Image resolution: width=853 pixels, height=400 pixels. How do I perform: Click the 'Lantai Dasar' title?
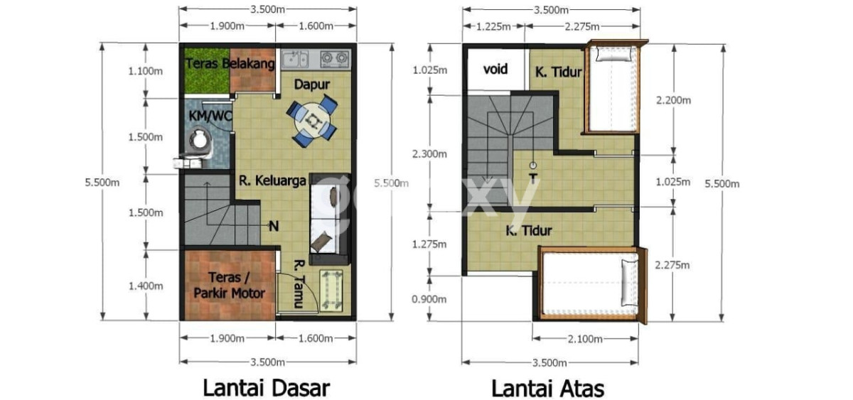click(x=266, y=388)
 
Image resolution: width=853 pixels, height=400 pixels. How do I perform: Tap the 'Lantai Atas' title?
click(x=547, y=389)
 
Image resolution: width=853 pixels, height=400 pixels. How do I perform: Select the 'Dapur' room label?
click(x=312, y=84)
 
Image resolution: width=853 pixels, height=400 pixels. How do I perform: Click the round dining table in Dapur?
click(x=312, y=121)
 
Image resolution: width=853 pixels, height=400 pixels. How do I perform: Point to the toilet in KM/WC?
click(x=198, y=144)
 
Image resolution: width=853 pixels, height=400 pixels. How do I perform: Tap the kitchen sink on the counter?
click(x=295, y=59)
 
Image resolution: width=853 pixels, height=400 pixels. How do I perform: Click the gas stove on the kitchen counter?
click(x=335, y=58)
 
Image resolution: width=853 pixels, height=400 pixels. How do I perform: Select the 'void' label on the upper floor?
click(x=495, y=69)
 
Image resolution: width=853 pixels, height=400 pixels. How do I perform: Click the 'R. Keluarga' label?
click(x=273, y=180)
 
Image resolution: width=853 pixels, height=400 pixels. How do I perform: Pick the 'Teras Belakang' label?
click(x=230, y=63)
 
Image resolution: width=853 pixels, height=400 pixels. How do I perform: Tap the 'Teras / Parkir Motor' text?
click(x=229, y=285)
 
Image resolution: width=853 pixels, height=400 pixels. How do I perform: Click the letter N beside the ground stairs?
click(x=274, y=227)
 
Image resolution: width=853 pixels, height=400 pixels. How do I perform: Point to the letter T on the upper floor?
click(x=533, y=178)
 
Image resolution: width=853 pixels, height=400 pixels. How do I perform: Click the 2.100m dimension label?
click(x=585, y=338)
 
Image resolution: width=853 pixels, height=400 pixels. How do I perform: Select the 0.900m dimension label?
click(x=429, y=299)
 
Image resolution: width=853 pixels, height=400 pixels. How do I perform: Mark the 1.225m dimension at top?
click(x=493, y=26)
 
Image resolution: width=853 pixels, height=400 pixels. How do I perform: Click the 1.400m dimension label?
click(x=146, y=286)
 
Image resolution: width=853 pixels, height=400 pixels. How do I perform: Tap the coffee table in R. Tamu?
click(x=331, y=290)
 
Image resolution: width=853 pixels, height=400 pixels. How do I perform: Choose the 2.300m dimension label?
click(x=429, y=153)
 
